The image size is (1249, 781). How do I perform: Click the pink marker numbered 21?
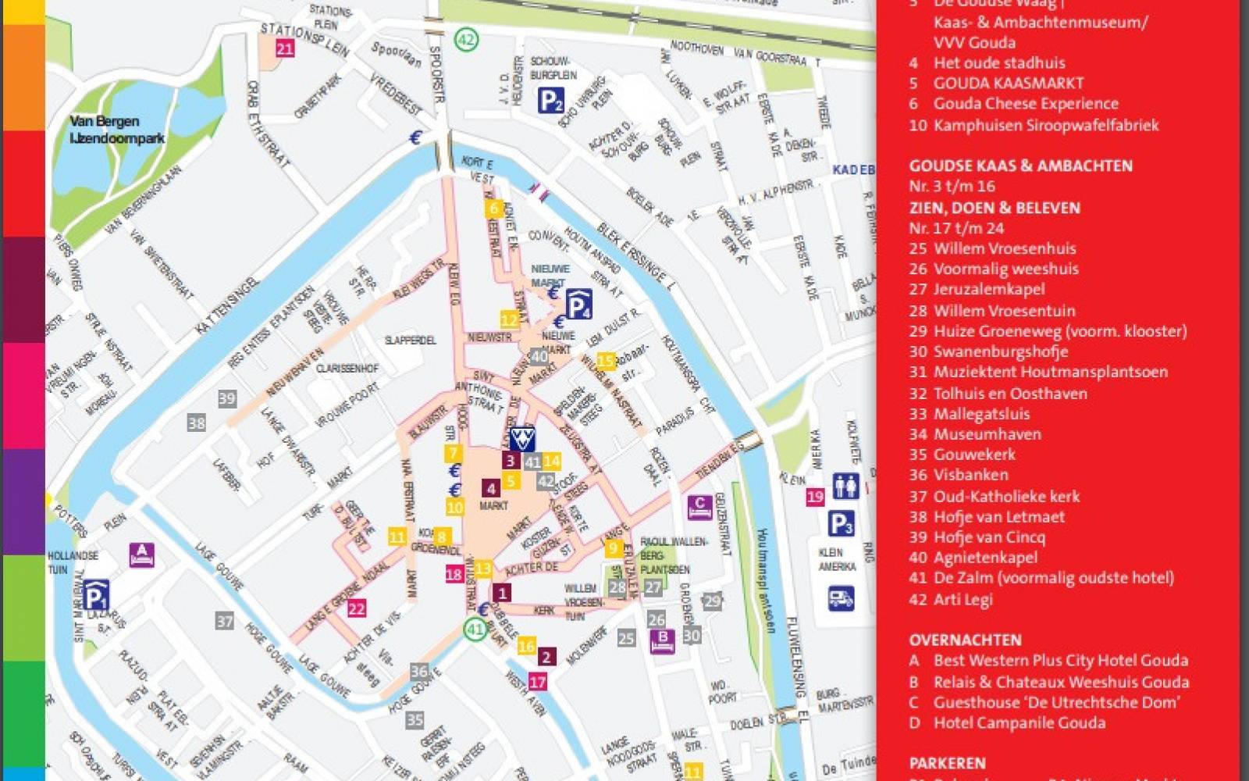285,48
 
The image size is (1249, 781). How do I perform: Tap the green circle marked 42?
467,39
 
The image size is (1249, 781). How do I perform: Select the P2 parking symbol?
550,100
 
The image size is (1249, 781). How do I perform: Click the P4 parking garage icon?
578,305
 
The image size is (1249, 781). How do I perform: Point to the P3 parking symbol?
841,524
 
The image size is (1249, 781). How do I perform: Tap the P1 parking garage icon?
95,596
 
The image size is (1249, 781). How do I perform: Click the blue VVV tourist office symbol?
521,438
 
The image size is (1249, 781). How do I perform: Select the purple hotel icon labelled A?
141,555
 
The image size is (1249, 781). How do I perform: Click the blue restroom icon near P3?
845,486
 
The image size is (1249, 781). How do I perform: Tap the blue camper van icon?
841,599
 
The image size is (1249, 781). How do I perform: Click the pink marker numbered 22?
357,608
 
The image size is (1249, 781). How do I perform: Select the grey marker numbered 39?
226,398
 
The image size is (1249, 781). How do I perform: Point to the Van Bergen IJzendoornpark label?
117,130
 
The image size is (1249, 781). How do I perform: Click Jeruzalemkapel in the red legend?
988,289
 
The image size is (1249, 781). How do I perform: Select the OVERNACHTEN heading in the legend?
965,640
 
